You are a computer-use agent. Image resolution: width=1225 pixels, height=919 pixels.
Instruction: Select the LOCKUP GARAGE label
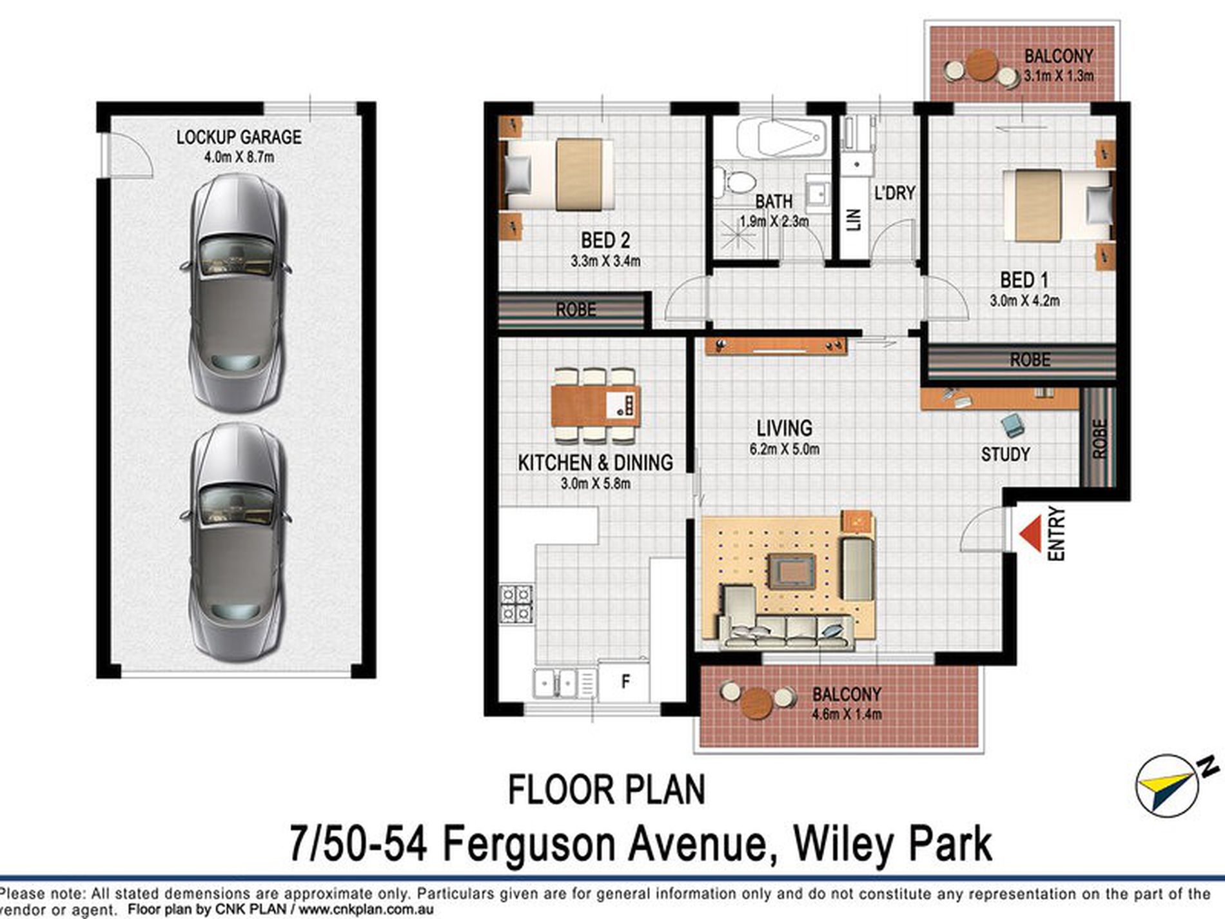(239, 137)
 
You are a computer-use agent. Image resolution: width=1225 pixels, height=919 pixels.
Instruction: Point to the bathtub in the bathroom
(781, 137)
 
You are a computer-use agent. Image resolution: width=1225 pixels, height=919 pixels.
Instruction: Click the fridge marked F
(624, 681)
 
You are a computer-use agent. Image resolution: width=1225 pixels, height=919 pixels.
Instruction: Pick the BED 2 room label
(605, 241)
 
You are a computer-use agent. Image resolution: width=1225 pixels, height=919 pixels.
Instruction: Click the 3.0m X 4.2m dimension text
(1024, 300)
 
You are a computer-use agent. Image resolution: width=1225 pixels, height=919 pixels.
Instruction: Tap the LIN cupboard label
(854, 219)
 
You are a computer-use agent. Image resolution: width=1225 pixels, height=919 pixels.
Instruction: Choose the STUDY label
(1005, 454)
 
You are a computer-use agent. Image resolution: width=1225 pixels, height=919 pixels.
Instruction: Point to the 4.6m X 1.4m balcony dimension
(847, 713)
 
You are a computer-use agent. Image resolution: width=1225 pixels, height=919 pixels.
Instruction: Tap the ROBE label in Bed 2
(576, 310)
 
